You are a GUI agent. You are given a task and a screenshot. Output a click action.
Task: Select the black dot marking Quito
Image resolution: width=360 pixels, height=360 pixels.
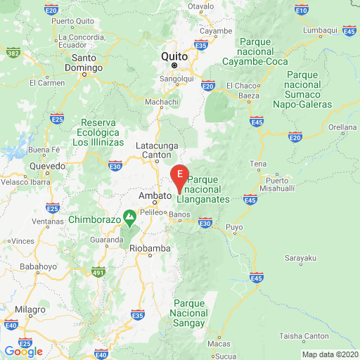(x=175, y=65)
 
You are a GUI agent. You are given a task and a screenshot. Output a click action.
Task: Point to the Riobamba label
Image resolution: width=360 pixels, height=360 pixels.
(x=149, y=247)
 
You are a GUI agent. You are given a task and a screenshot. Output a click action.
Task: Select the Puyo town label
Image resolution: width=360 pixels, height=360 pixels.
(x=234, y=227)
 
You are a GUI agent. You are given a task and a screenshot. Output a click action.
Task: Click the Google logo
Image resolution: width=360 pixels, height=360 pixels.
(x=23, y=351)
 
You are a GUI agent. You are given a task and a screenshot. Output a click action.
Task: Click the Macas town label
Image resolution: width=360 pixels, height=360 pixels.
(x=219, y=344)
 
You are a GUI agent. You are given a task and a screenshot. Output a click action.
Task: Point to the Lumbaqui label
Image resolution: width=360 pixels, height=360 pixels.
(x=320, y=30)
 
